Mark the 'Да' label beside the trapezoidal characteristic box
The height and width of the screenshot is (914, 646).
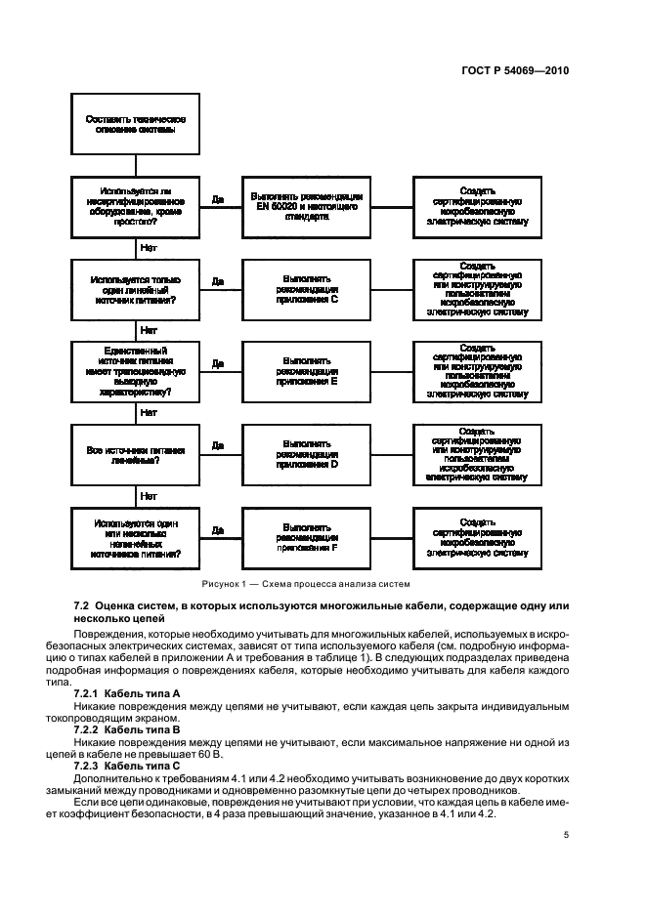(x=218, y=363)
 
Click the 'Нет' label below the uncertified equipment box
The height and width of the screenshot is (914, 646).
(x=149, y=248)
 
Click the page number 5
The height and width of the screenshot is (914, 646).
(x=566, y=835)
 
